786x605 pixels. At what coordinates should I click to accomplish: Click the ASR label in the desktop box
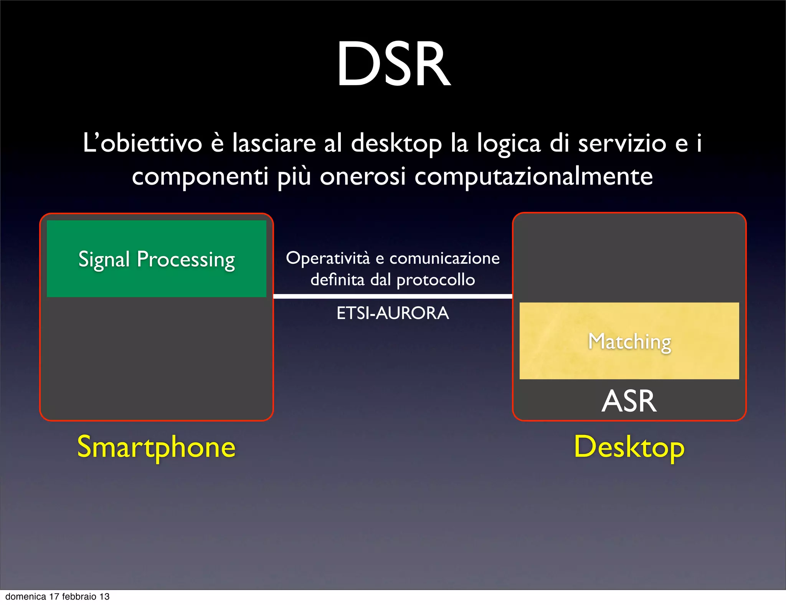[629, 401]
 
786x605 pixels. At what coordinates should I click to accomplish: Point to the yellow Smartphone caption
[156, 447]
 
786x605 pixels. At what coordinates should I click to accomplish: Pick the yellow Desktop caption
[629, 447]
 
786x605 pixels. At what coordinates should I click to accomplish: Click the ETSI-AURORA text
[393, 313]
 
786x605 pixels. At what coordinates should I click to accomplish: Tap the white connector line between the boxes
[393, 296]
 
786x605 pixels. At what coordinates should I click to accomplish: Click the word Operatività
[328, 258]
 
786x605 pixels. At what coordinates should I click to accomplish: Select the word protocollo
[436, 280]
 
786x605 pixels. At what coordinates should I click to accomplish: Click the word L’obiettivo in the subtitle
[142, 143]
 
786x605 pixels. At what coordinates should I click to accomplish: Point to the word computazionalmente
[533, 177]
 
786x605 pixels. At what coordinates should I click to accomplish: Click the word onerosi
[363, 177]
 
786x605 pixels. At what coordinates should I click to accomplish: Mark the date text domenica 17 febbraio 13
[58, 597]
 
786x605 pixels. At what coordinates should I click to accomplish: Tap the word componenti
[200, 177]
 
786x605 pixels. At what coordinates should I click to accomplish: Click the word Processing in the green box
[186, 260]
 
